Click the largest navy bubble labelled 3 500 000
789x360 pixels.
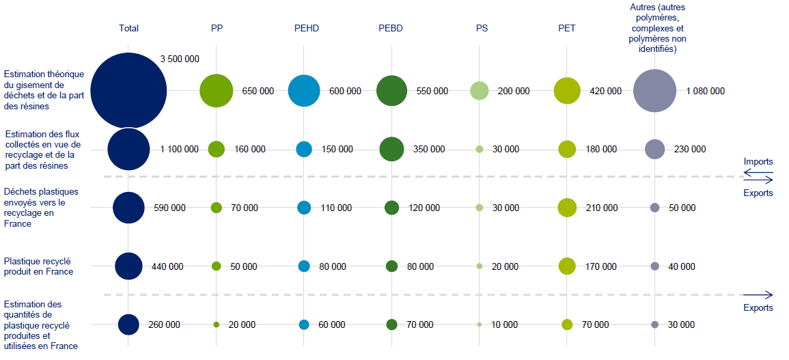pyautogui.click(x=128, y=90)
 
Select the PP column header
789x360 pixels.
pyautogui.click(x=217, y=28)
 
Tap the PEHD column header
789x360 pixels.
pyautogui.click(x=304, y=28)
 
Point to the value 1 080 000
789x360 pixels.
pyautogui.click(x=706, y=91)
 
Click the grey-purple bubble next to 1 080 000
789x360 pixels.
pyautogui.click(x=654, y=90)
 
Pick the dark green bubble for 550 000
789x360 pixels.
pyautogui.click(x=391, y=90)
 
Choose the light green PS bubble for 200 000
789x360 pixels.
pyautogui.click(x=480, y=90)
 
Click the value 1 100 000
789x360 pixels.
pyautogui.click(x=180, y=149)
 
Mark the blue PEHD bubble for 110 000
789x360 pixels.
pyautogui.click(x=304, y=208)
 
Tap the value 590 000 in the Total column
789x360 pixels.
pyautogui.click(x=169, y=208)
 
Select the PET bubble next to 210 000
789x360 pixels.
pyautogui.click(x=567, y=208)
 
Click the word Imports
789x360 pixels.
pyautogui.click(x=758, y=162)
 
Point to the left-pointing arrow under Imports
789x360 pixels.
pyautogui.click(x=758, y=172)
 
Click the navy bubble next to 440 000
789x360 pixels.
pyautogui.click(x=128, y=266)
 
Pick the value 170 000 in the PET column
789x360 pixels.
pyautogui.click(x=602, y=266)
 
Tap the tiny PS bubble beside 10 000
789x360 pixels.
pyautogui.click(x=480, y=324)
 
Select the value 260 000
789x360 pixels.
pyautogui.click(x=164, y=324)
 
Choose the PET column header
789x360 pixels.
pyautogui.click(x=567, y=28)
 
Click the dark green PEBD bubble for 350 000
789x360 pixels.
pyautogui.click(x=391, y=149)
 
